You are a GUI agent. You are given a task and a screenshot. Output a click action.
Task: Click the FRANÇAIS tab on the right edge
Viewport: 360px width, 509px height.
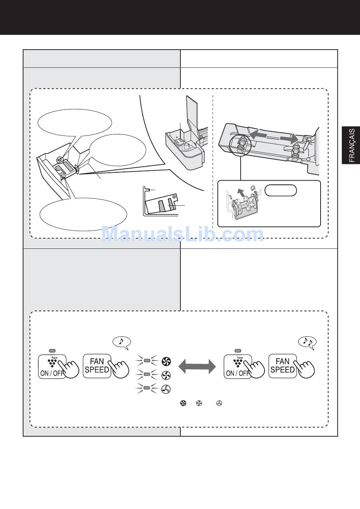(x=351, y=145)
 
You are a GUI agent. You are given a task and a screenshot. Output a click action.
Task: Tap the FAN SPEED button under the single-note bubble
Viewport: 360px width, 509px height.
(x=97, y=366)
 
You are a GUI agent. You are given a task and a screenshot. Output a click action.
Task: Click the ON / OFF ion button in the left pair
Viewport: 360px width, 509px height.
(x=52, y=367)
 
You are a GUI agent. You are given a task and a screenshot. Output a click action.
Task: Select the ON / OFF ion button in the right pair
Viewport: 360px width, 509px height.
(x=238, y=367)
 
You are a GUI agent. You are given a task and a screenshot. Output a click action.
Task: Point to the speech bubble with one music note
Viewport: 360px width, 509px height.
(x=122, y=342)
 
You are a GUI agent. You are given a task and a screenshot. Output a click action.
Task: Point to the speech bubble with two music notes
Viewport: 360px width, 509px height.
(x=307, y=342)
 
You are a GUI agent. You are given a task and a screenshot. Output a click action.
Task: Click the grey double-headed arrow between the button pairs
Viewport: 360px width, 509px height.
(x=197, y=367)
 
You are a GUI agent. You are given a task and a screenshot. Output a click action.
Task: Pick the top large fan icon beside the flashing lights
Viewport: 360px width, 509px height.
(x=166, y=361)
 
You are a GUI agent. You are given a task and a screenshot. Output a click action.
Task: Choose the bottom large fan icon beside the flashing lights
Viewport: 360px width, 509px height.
(x=166, y=389)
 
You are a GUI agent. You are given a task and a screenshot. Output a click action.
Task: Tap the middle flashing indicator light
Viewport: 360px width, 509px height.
(x=147, y=374)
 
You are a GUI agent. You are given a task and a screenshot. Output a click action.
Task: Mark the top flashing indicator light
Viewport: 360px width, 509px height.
(x=147, y=361)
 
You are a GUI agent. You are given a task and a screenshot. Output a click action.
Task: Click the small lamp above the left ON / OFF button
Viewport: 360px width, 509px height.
(x=52, y=351)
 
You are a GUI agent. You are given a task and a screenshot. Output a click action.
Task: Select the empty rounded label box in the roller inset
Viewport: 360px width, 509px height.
(x=281, y=190)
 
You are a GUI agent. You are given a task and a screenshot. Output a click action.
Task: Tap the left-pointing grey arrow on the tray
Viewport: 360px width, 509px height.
(x=258, y=134)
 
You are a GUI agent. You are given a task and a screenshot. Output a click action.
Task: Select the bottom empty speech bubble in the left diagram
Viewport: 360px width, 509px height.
(x=83, y=214)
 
